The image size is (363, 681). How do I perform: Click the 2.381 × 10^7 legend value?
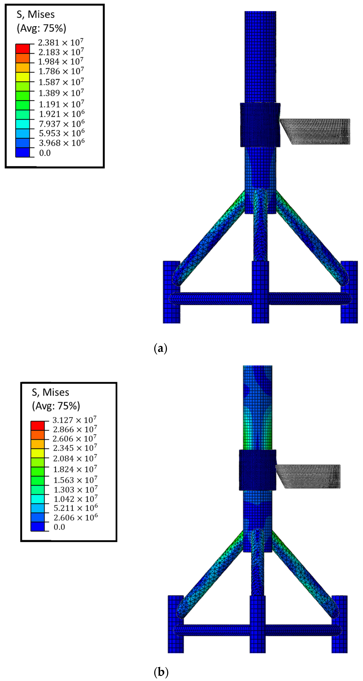(61, 42)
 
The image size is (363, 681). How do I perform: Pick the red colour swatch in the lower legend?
(37, 426)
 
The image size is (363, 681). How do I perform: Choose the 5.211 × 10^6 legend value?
(76, 508)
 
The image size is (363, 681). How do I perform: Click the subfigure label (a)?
(160, 348)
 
